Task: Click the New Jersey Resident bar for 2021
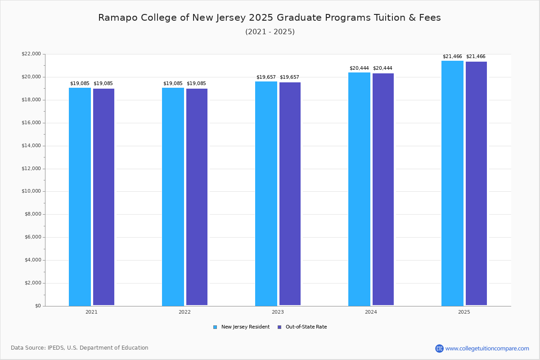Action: click(80, 197)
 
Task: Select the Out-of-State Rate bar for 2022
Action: click(197, 197)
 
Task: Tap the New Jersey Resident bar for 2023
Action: click(266, 193)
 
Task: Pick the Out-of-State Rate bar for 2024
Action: click(383, 189)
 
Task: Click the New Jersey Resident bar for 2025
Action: click(452, 183)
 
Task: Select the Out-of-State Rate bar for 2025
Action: click(476, 184)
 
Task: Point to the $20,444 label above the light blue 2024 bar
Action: click(359, 68)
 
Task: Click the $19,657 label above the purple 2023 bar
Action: click(289, 77)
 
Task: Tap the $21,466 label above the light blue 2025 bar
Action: click(452, 57)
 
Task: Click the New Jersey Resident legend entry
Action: click(242, 327)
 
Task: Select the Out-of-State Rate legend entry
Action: click(302, 327)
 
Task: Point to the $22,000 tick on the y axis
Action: click(31, 54)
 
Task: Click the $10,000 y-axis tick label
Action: click(31, 191)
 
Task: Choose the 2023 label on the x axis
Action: click(278, 312)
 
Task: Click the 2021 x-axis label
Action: click(91, 312)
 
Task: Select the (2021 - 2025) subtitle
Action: click(270, 32)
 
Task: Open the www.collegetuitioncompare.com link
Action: click(487, 348)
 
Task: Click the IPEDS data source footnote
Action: click(80, 348)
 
